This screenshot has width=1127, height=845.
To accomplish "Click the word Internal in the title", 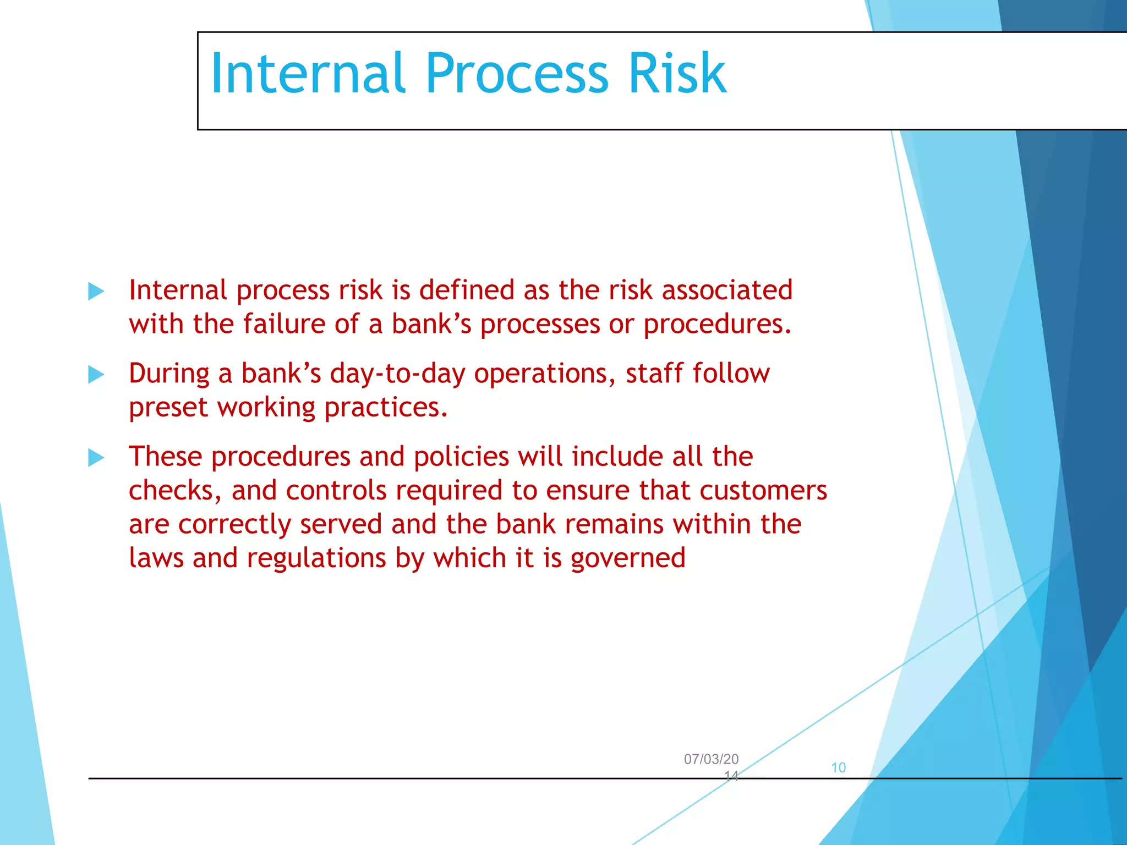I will click(308, 73).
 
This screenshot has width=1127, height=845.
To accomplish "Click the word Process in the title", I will click(517, 73).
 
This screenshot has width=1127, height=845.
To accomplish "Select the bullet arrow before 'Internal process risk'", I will click(96, 291).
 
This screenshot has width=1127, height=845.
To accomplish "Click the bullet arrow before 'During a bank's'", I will click(96, 375).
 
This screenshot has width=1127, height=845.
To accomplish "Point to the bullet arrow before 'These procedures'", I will click(96, 457).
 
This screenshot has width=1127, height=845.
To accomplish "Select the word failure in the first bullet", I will click(284, 324).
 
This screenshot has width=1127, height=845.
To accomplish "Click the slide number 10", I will click(838, 767).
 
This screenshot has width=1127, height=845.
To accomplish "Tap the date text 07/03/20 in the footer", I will click(711, 759).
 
